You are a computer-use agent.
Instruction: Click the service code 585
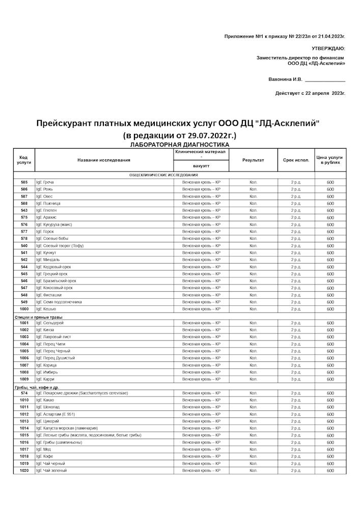pyautogui.click(x=24, y=182)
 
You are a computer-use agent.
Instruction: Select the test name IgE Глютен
pyautogui.click(x=46, y=210)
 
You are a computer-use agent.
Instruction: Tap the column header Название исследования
pyautogui.click(x=104, y=160)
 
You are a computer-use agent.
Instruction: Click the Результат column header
pyautogui.click(x=253, y=160)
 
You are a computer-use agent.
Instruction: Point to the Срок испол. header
pyautogui.click(x=296, y=160)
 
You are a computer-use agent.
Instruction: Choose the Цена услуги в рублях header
pyautogui.click(x=330, y=160)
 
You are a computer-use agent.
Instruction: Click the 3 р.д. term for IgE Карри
pyautogui.click(x=296, y=379)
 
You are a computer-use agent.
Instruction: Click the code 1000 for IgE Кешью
pyautogui.click(x=24, y=309)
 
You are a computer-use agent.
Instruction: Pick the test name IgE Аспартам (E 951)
pyautogui.click(x=55, y=414)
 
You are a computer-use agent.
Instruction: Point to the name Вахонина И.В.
pyautogui.click(x=285, y=79)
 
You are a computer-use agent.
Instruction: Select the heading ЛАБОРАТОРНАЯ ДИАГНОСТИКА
pyautogui.click(x=179, y=145)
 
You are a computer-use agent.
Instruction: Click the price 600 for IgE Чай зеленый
pyautogui.click(x=330, y=471)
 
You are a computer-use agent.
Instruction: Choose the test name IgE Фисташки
pyautogui.click(x=48, y=295)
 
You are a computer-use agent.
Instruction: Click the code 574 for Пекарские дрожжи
pyautogui.click(x=24, y=393)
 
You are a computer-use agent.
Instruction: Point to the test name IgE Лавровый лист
pyautogui.click(x=53, y=337)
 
